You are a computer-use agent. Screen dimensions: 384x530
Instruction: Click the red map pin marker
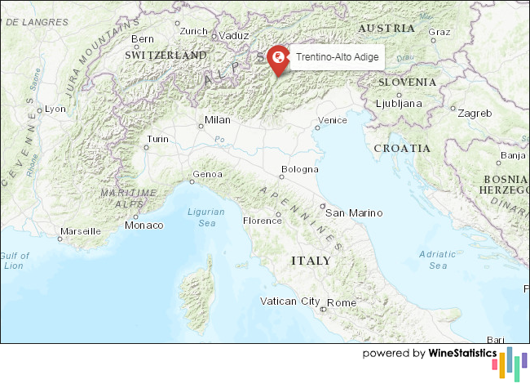click(x=278, y=58)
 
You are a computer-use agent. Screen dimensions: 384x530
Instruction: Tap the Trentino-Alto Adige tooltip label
click(x=337, y=57)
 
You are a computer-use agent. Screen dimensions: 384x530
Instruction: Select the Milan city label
click(x=218, y=119)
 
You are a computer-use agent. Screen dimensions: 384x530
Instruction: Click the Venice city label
click(x=332, y=121)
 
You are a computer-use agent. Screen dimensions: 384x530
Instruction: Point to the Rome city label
click(x=342, y=302)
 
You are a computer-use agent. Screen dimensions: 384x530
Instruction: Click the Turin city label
click(x=158, y=139)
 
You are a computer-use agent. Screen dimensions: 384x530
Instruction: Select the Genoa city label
click(x=205, y=174)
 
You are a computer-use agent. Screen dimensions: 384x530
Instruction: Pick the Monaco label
click(x=144, y=225)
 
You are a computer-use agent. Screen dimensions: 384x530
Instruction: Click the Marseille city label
click(x=80, y=231)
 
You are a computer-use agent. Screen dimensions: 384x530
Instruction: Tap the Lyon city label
click(x=55, y=109)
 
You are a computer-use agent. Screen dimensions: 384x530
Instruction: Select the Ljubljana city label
click(x=399, y=104)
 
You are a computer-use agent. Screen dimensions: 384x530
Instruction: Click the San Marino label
click(x=354, y=212)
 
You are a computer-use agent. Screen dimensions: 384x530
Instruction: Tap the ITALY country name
click(x=311, y=261)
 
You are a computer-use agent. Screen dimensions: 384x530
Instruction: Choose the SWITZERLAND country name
click(x=166, y=54)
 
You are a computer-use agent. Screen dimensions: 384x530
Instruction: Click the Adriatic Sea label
click(x=438, y=260)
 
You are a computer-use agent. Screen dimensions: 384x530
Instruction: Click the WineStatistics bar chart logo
click(x=514, y=362)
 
